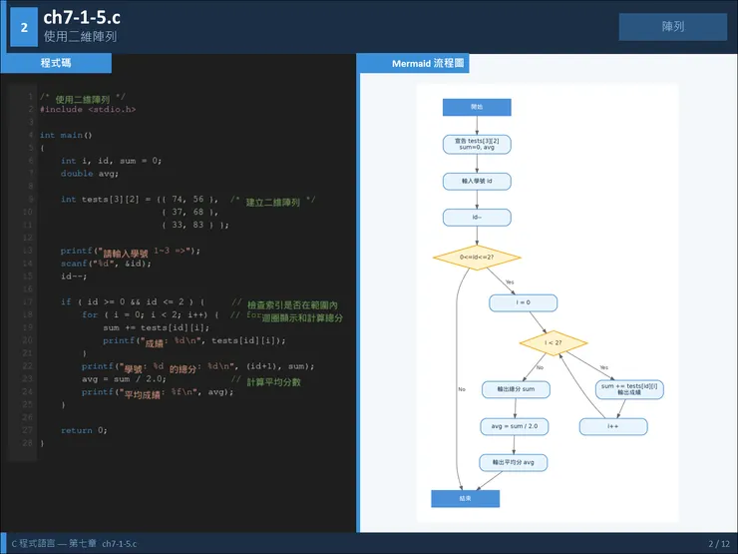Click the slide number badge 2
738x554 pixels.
click(23, 28)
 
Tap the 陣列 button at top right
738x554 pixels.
click(672, 27)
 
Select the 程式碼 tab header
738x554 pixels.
click(56, 63)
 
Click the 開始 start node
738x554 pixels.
click(477, 107)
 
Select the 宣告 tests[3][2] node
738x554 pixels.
click(477, 144)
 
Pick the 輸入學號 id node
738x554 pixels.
click(477, 181)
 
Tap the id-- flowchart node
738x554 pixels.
click(477, 218)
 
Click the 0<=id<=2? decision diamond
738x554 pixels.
click(477, 258)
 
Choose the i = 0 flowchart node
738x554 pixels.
click(523, 302)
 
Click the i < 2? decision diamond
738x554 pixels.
click(553, 343)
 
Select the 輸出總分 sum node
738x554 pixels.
click(515, 389)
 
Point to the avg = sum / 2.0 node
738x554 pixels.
click(515, 426)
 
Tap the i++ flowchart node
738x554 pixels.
click(613, 426)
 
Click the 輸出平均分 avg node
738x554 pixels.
click(515, 463)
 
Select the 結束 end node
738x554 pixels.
click(465, 498)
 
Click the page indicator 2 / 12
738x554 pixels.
click(718, 544)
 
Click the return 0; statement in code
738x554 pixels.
click(84, 430)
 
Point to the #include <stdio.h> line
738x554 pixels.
click(88, 109)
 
